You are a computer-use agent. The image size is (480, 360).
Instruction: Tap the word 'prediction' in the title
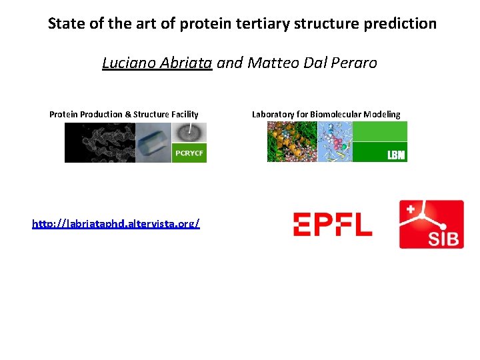401,24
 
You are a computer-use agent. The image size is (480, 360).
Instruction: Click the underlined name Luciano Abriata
157,63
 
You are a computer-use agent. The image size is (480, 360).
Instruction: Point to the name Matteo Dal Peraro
312,63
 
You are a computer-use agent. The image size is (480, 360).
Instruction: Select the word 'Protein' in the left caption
63,114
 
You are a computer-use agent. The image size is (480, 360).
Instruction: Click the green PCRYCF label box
189,153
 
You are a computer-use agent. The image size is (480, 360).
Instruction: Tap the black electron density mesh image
99,143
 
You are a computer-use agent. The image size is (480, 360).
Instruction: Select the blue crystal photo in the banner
153,143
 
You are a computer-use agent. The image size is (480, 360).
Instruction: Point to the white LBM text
396,155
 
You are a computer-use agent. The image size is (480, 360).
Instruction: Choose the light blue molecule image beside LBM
335,142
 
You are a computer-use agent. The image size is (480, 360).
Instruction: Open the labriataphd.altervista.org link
116,223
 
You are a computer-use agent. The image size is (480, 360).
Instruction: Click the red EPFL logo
333,224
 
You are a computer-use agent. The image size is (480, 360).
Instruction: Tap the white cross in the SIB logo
411,209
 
